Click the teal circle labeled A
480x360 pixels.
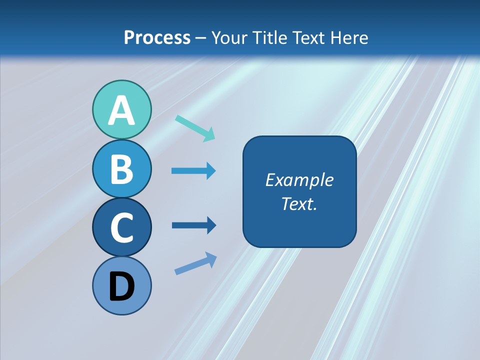[121, 110]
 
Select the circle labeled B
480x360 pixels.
[121, 168]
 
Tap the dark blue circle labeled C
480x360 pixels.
[121, 227]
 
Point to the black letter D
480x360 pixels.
[121, 287]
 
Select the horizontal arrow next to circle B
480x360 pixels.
[193, 171]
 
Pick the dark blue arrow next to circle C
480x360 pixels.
[193, 225]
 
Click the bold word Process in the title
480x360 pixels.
[157, 37]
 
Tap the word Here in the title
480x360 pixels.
[350, 37]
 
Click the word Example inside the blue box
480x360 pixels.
[299, 180]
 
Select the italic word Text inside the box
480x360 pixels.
[297, 203]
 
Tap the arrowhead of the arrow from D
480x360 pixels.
[211, 258]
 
